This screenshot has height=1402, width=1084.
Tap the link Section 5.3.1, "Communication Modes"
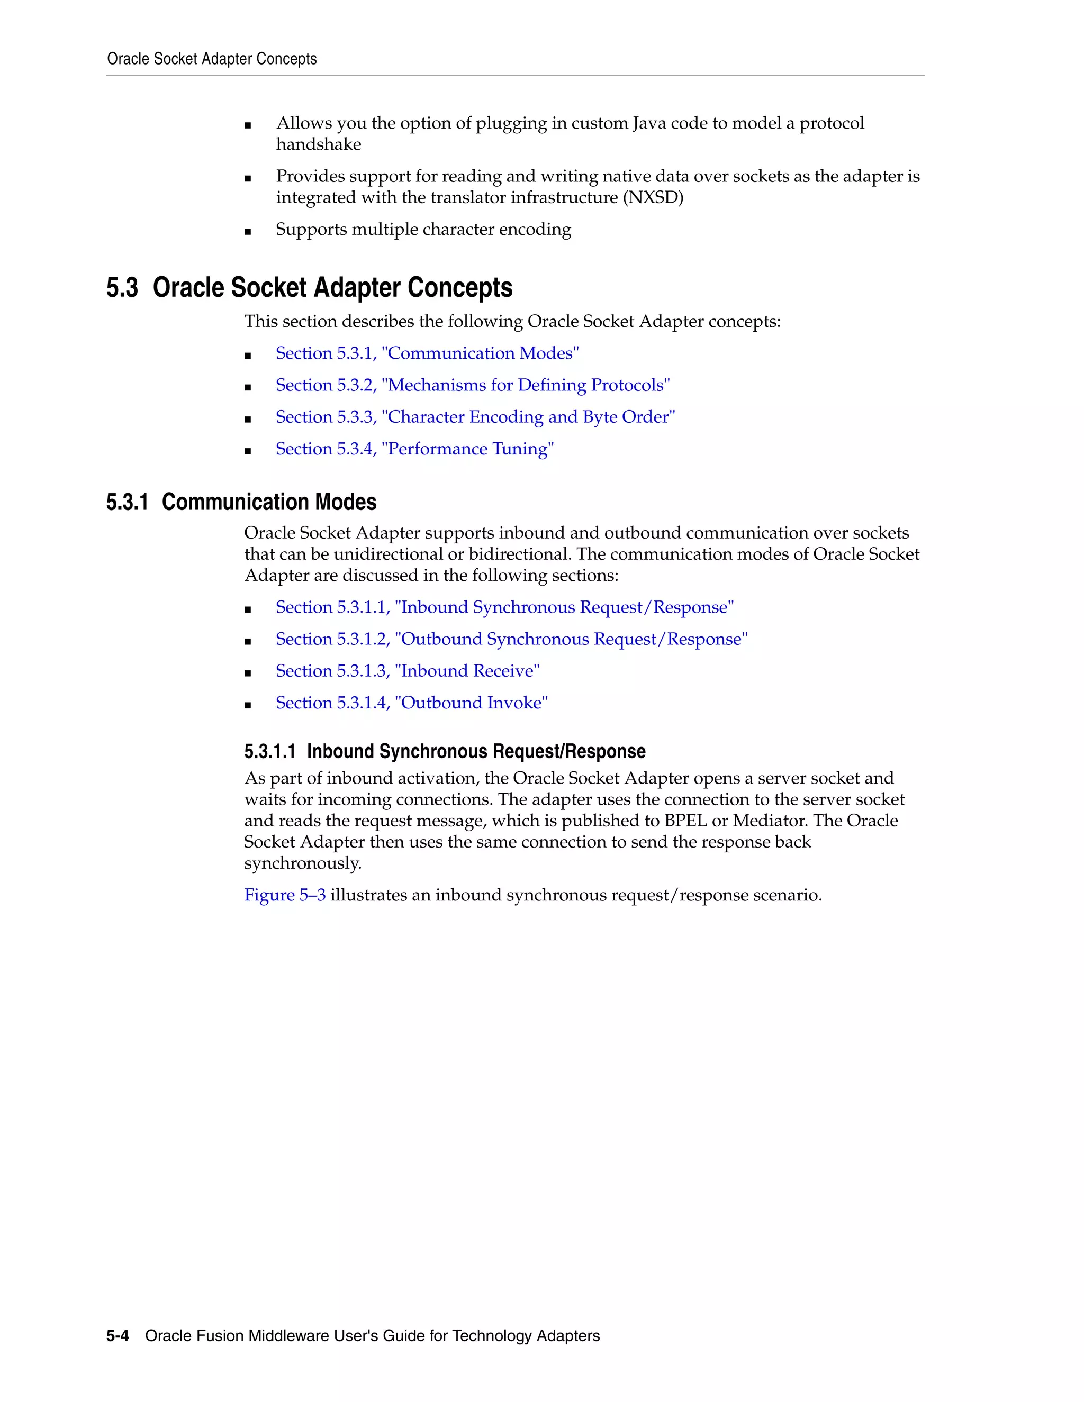tap(427, 353)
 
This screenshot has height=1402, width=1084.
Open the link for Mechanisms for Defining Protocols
tap(473, 385)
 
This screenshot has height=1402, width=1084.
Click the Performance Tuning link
tap(415, 449)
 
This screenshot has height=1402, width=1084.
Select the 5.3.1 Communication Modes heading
tap(241, 502)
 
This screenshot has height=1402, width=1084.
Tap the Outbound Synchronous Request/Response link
tap(511, 640)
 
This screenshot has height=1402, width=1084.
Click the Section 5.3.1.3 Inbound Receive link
tap(407, 671)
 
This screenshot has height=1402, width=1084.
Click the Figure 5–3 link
tap(284, 895)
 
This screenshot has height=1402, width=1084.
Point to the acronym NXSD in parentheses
tap(653, 198)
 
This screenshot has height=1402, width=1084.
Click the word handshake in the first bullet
tap(319, 144)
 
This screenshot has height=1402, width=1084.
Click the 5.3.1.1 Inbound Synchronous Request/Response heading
tap(445, 751)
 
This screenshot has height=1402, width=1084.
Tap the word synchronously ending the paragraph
tap(302, 863)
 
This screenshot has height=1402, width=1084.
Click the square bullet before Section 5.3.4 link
tap(248, 451)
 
